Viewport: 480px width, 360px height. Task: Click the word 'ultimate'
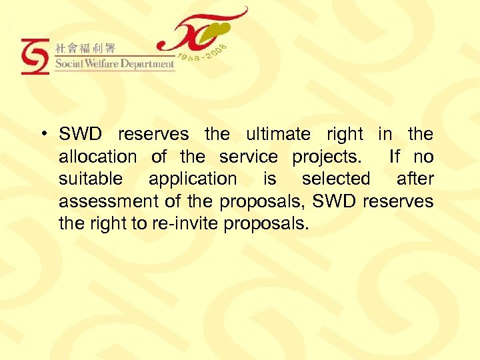pos(278,134)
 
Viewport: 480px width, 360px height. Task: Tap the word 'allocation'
pos(97,157)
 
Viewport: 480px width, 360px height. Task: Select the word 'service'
pos(248,157)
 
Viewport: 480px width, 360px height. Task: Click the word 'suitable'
pos(91,179)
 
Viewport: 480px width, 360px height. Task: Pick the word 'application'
pos(192,179)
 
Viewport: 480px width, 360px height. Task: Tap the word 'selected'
pos(336,179)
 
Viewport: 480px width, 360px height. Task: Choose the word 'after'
pos(415,179)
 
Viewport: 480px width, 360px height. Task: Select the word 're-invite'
pos(192,223)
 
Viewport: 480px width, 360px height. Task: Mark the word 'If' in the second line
pos(395,157)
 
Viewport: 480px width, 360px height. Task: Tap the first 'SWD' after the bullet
pos(81,134)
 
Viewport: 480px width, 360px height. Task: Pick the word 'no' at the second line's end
pos(423,157)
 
